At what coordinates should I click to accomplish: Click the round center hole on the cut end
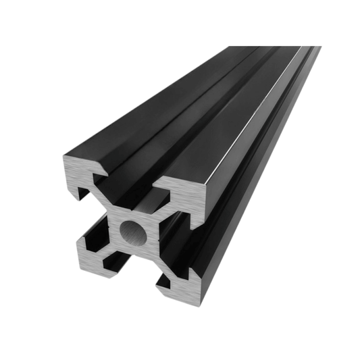133,232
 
